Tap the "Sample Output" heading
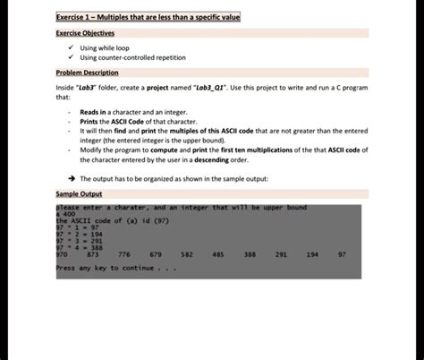pos(79,193)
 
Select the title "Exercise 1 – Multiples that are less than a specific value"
pos(148,17)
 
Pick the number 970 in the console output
pos(62,253)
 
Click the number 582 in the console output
pos(187,253)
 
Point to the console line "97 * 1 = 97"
pos(76,227)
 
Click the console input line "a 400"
pos(65,214)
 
